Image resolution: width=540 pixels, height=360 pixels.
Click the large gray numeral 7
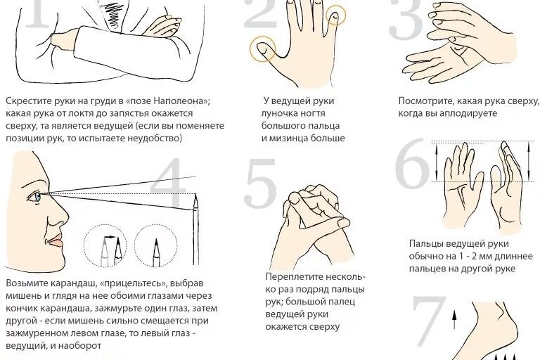point(427,323)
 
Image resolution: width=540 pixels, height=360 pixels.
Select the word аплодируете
point(472,113)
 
